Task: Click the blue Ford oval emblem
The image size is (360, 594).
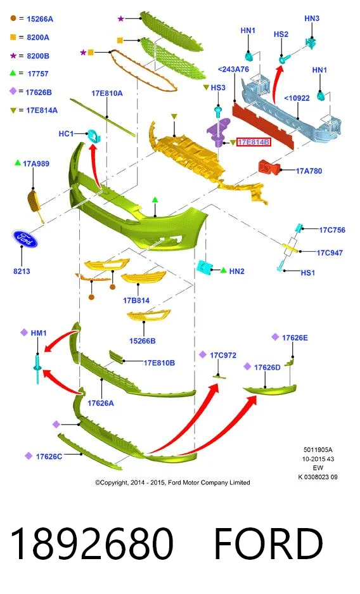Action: tap(25, 238)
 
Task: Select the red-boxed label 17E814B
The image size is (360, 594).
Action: tap(254, 142)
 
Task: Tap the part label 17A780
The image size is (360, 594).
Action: tap(309, 171)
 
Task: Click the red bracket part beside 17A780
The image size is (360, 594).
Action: tap(269, 167)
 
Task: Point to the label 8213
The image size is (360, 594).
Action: tap(22, 271)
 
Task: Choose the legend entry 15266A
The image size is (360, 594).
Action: tap(40, 19)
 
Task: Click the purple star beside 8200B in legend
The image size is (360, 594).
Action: tap(13, 56)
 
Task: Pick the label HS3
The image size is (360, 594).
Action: tap(218, 87)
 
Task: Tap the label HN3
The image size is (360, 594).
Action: tap(312, 18)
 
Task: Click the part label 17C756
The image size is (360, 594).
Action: tap(332, 230)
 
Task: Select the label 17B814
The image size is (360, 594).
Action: tap(136, 300)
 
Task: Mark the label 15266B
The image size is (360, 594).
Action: tap(143, 341)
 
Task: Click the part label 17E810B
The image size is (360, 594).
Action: tap(159, 363)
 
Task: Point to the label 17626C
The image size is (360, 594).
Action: tap(49, 456)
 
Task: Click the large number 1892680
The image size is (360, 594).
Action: tap(92, 543)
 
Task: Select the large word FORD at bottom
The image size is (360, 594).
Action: tap(268, 543)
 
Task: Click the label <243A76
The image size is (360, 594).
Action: tap(233, 69)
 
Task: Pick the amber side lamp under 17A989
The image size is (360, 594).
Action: tap(34, 203)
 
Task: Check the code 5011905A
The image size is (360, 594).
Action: tap(318, 449)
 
